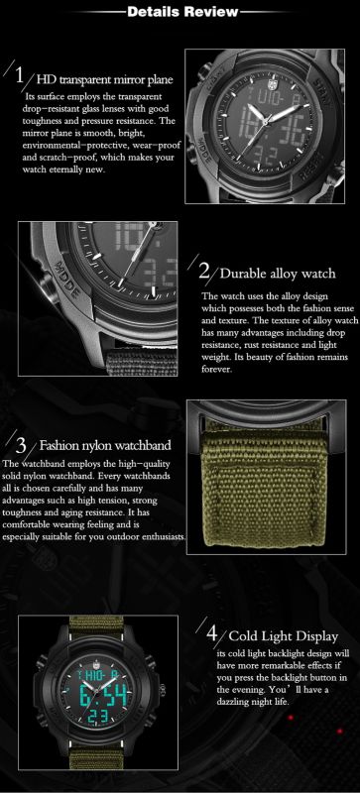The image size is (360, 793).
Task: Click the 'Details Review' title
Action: (x=182, y=12)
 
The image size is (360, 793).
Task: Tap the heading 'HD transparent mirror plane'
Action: (x=105, y=79)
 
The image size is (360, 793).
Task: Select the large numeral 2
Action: (x=203, y=271)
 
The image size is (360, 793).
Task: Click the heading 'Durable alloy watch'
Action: (x=278, y=274)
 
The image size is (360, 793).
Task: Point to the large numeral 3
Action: (x=21, y=445)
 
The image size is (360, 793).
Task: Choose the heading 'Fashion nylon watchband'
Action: (x=105, y=445)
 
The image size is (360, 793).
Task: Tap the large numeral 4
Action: (x=212, y=632)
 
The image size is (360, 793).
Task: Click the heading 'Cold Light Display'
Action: (x=283, y=635)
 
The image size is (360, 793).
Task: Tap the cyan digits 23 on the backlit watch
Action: (x=99, y=718)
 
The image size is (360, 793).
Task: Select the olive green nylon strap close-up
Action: (x=267, y=477)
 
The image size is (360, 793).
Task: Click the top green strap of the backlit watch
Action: (x=98, y=626)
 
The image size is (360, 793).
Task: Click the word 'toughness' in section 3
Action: (x=20, y=512)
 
